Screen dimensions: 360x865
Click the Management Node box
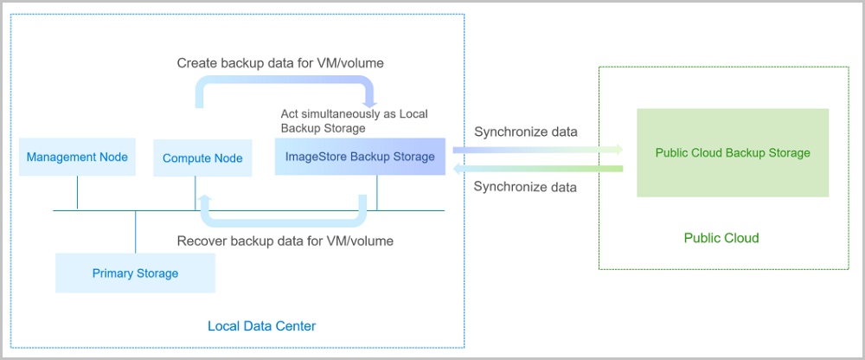(77, 157)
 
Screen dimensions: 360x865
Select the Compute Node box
(202, 158)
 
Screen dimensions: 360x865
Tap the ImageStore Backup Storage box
(360, 157)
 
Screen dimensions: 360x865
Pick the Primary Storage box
(135, 273)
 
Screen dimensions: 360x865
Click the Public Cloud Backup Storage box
(732, 153)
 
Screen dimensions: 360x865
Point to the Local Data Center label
(261, 326)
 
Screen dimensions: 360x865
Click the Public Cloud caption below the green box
(721, 238)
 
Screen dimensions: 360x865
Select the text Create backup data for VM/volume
(280, 63)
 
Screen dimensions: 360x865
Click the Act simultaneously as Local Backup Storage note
(354, 120)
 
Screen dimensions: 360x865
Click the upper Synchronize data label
(525, 132)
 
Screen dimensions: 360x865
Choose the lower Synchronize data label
(525, 186)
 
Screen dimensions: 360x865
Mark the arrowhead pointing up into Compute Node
(205, 200)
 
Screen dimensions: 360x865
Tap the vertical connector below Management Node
(77, 193)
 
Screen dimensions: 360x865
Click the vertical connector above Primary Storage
(135, 232)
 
